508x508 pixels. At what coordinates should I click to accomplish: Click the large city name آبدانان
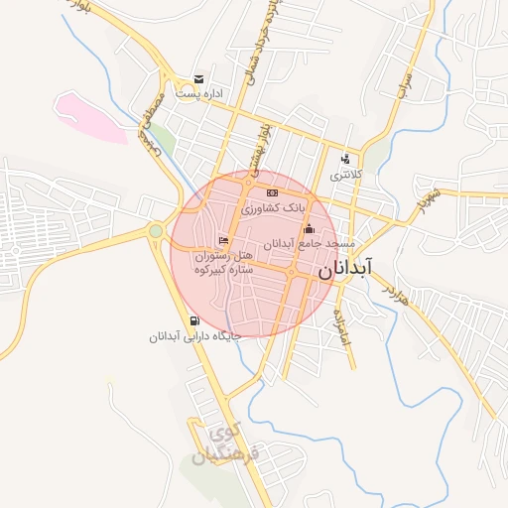click(345, 268)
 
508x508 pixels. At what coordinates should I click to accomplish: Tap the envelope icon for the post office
click(199, 79)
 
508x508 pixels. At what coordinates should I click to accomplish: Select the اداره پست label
click(199, 93)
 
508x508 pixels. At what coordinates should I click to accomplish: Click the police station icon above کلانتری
click(345, 159)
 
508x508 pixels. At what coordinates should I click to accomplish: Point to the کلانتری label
click(346, 176)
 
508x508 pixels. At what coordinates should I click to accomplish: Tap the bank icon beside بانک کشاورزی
click(272, 192)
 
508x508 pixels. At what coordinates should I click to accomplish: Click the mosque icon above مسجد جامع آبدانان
click(308, 230)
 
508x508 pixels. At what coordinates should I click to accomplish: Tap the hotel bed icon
click(224, 240)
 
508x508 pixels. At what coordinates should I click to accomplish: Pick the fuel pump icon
click(191, 320)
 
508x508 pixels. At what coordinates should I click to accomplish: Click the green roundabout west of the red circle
click(156, 231)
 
